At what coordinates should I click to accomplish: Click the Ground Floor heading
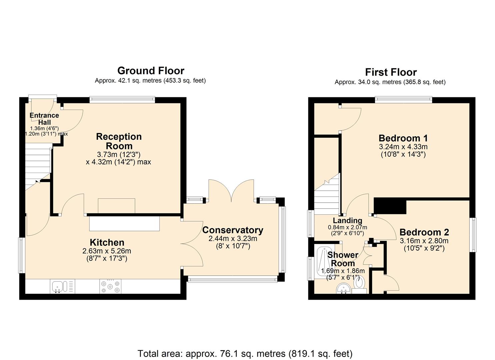tap(151, 71)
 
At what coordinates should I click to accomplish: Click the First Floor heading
tap(391, 72)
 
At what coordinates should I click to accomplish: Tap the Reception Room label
tap(119, 141)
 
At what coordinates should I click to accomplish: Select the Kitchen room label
tap(107, 242)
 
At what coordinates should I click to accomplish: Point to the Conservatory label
tap(233, 230)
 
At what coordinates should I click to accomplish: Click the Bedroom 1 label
tap(403, 138)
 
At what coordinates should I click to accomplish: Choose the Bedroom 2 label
tap(424, 232)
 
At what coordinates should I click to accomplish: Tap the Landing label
tap(347, 220)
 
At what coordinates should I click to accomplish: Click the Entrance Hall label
tap(44, 119)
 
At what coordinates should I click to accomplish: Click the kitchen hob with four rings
tap(110, 287)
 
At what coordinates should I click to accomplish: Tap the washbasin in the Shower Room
tap(343, 289)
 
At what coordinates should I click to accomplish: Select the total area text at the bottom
tap(245, 353)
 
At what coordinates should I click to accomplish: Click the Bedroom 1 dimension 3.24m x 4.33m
tap(403, 147)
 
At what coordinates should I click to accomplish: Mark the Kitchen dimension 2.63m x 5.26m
tap(107, 251)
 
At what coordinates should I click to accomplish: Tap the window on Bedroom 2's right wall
tap(473, 235)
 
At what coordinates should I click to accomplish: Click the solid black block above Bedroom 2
tap(390, 206)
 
